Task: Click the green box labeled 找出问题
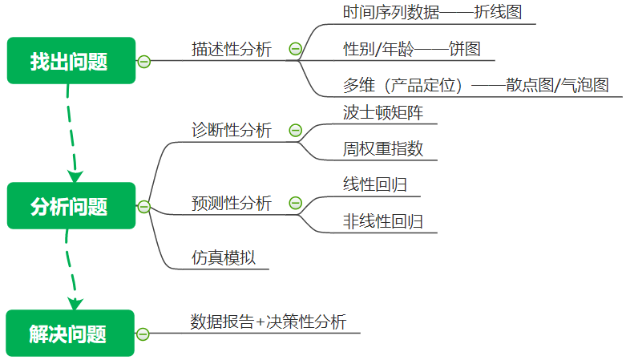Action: [x=71, y=60]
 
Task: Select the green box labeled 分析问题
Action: [x=71, y=206]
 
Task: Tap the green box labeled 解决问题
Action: [x=71, y=334]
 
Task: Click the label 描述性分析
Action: [x=232, y=49]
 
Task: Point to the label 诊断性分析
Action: [x=232, y=130]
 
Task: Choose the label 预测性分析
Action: [x=232, y=204]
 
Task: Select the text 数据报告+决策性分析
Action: [x=268, y=322]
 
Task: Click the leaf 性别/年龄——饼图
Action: [x=411, y=49]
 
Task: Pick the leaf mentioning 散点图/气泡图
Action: [x=475, y=86]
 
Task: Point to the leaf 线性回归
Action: [x=374, y=184]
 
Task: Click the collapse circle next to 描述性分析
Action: [x=295, y=50]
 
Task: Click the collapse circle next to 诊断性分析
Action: [x=295, y=131]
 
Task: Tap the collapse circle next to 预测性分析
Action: [x=295, y=204]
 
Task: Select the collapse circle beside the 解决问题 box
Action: [x=143, y=334]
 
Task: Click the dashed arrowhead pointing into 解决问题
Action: [x=75, y=304]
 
